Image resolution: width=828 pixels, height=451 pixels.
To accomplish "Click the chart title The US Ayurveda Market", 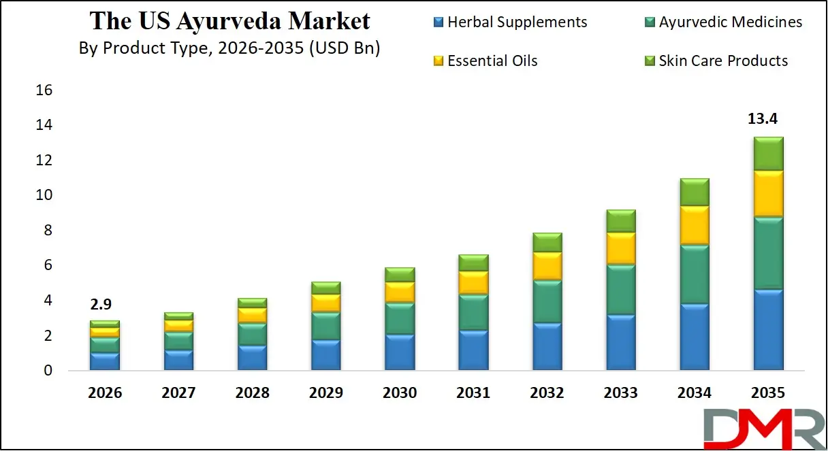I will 229,21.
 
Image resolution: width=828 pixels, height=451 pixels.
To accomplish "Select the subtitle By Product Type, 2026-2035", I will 229,49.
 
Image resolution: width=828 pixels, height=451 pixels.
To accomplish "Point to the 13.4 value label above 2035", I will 763,119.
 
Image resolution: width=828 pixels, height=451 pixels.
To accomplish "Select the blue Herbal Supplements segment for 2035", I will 768,330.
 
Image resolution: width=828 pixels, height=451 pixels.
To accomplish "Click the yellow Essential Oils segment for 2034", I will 695,225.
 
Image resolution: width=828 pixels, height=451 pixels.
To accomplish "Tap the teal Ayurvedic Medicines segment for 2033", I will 621,290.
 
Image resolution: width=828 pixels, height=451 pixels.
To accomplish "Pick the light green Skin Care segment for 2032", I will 547,242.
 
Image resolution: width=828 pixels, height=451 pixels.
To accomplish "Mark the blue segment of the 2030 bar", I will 400,352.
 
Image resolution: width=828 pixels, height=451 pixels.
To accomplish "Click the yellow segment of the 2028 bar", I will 252,315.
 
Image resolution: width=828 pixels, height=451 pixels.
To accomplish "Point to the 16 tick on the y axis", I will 43,90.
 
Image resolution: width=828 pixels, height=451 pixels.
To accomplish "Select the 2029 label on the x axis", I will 325,393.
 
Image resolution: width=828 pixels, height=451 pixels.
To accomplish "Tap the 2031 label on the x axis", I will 473,393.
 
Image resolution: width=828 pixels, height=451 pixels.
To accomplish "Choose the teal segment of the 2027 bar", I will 178,341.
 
